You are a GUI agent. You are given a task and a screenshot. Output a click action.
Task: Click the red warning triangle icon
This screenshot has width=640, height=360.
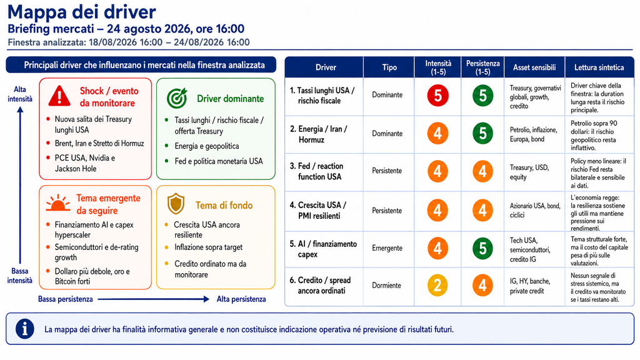click(x=59, y=96)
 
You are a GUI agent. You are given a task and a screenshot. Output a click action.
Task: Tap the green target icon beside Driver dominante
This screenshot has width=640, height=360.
click(x=177, y=98)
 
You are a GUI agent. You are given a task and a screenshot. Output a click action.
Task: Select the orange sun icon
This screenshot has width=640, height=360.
click(x=58, y=203)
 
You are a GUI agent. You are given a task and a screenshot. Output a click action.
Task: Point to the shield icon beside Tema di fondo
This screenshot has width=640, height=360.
click(x=176, y=204)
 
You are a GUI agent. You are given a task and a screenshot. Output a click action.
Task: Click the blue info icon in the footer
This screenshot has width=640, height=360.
click(x=24, y=329)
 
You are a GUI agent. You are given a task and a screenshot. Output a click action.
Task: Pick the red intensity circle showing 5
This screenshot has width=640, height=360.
click(x=437, y=96)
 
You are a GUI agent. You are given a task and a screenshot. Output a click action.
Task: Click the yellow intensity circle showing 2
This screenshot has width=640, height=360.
click(x=437, y=285)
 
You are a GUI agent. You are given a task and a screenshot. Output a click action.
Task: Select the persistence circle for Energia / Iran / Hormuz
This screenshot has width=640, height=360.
click(x=482, y=133)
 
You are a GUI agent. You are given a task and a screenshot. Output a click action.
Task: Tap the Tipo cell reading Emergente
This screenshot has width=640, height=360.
click(x=387, y=247)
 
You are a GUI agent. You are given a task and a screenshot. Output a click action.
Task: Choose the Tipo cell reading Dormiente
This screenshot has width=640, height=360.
click(x=386, y=285)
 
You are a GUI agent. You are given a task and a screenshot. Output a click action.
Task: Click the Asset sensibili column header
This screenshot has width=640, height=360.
click(x=534, y=67)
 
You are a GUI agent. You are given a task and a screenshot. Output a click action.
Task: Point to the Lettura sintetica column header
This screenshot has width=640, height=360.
click(x=599, y=67)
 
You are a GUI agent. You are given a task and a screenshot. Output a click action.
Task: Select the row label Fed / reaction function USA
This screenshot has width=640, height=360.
click(x=317, y=171)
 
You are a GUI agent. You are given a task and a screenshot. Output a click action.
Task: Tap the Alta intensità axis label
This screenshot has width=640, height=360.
click(x=19, y=94)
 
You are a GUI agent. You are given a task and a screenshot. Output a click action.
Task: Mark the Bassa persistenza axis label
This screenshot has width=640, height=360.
click(x=65, y=299)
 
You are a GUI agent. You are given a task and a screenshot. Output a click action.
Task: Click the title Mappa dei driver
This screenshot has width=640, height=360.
click(x=82, y=12)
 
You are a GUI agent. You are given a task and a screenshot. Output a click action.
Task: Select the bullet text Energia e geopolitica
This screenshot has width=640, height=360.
click(x=206, y=146)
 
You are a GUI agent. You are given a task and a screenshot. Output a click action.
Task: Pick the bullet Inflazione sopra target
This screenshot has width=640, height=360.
click(x=209, y=247)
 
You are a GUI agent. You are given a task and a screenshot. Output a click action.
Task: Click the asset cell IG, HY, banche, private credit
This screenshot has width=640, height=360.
click(x=530, y=286)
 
